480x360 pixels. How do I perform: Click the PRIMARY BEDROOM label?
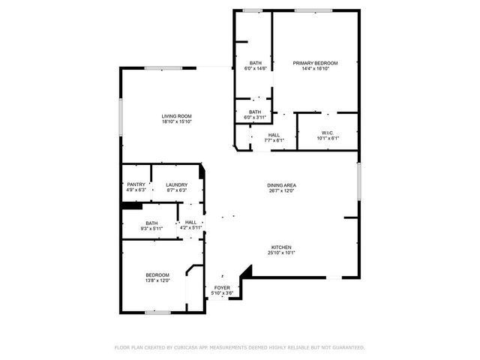315,63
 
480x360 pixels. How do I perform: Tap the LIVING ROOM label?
176,116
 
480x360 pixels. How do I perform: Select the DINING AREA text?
282,185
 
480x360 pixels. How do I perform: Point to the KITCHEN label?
281,247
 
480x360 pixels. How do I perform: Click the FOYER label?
222,287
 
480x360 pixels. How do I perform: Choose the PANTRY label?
136,184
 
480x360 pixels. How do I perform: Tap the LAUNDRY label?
176,184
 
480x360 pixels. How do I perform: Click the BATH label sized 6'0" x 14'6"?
256,63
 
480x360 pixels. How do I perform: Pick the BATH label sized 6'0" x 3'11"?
256,112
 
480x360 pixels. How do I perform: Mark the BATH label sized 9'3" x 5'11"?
152,223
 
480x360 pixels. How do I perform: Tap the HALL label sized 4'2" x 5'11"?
191,222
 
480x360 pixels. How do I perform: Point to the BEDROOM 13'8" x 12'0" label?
157,275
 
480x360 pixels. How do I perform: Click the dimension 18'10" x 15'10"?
176,122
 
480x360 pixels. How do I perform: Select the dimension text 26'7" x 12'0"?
282,191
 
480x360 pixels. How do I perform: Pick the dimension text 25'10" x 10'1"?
281,253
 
